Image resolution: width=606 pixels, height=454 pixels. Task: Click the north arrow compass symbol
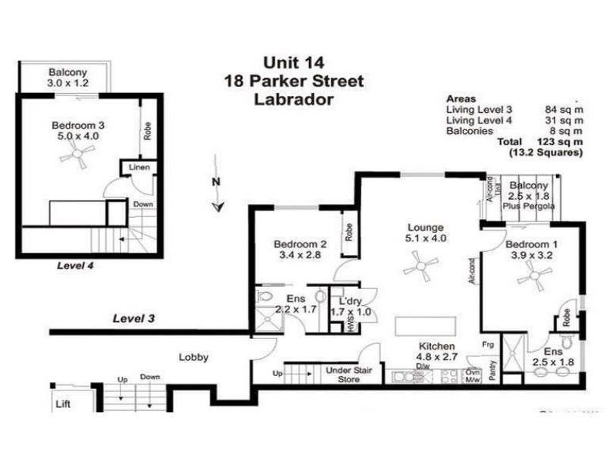(x=217, y=195)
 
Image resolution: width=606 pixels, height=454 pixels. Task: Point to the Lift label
(x=64, y=405)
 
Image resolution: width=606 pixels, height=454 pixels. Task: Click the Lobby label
(x=194, y=356)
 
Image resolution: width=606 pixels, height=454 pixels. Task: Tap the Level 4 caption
(x=79, y=266)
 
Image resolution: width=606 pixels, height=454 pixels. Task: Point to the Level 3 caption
(x=133, y=319)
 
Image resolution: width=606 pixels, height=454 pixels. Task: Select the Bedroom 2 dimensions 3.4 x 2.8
(x=299, y=256)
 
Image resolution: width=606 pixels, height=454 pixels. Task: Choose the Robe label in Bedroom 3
(x=147, y=131)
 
